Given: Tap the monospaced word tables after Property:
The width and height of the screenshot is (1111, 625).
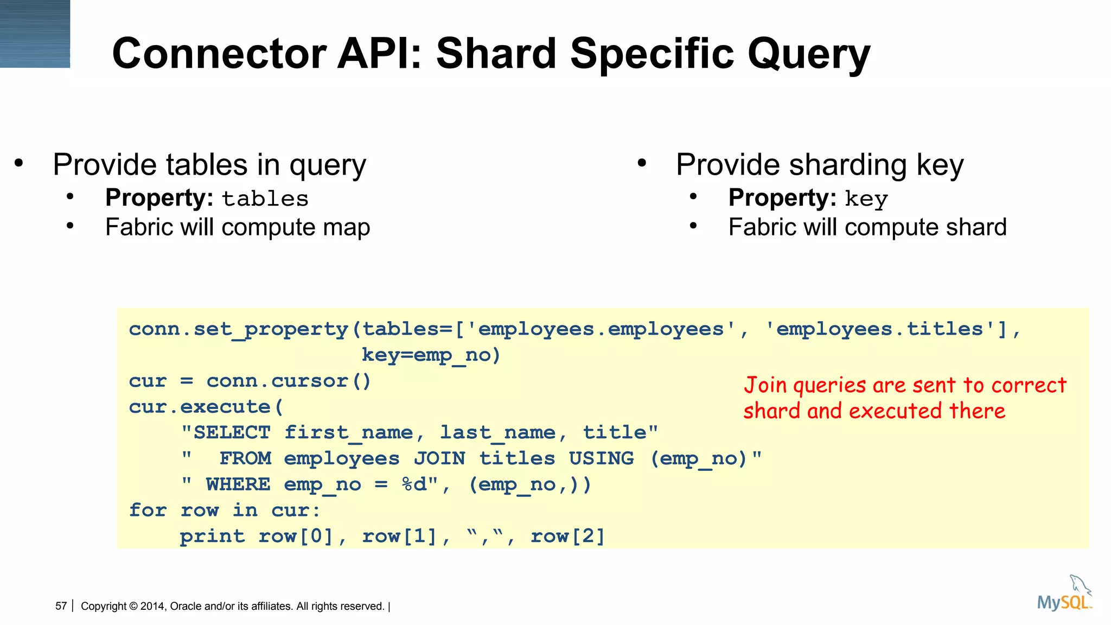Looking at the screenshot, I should click(x=265, y=199).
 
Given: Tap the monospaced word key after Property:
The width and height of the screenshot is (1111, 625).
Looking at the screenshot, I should click(x=866, y=199).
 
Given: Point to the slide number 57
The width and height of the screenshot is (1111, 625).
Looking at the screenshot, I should click(x=61, y=606).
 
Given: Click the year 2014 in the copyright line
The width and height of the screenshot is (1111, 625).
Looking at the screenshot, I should click(x=152, y=606).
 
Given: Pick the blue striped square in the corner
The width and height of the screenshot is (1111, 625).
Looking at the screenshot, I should click(x=35, y=34).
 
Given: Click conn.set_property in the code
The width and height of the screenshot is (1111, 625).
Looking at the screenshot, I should click(x=239, y=329).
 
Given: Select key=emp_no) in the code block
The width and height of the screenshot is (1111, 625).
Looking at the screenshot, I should click(x=431, y=355).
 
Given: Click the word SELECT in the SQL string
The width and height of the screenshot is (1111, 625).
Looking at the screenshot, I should click(x=232, y=432).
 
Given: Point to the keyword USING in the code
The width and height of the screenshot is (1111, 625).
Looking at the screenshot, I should click(x=601, y=458).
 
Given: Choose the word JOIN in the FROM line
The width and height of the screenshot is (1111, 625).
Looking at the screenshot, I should click(x=439, y=458).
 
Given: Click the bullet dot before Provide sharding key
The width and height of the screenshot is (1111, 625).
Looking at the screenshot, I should click(x=642, y=163).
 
